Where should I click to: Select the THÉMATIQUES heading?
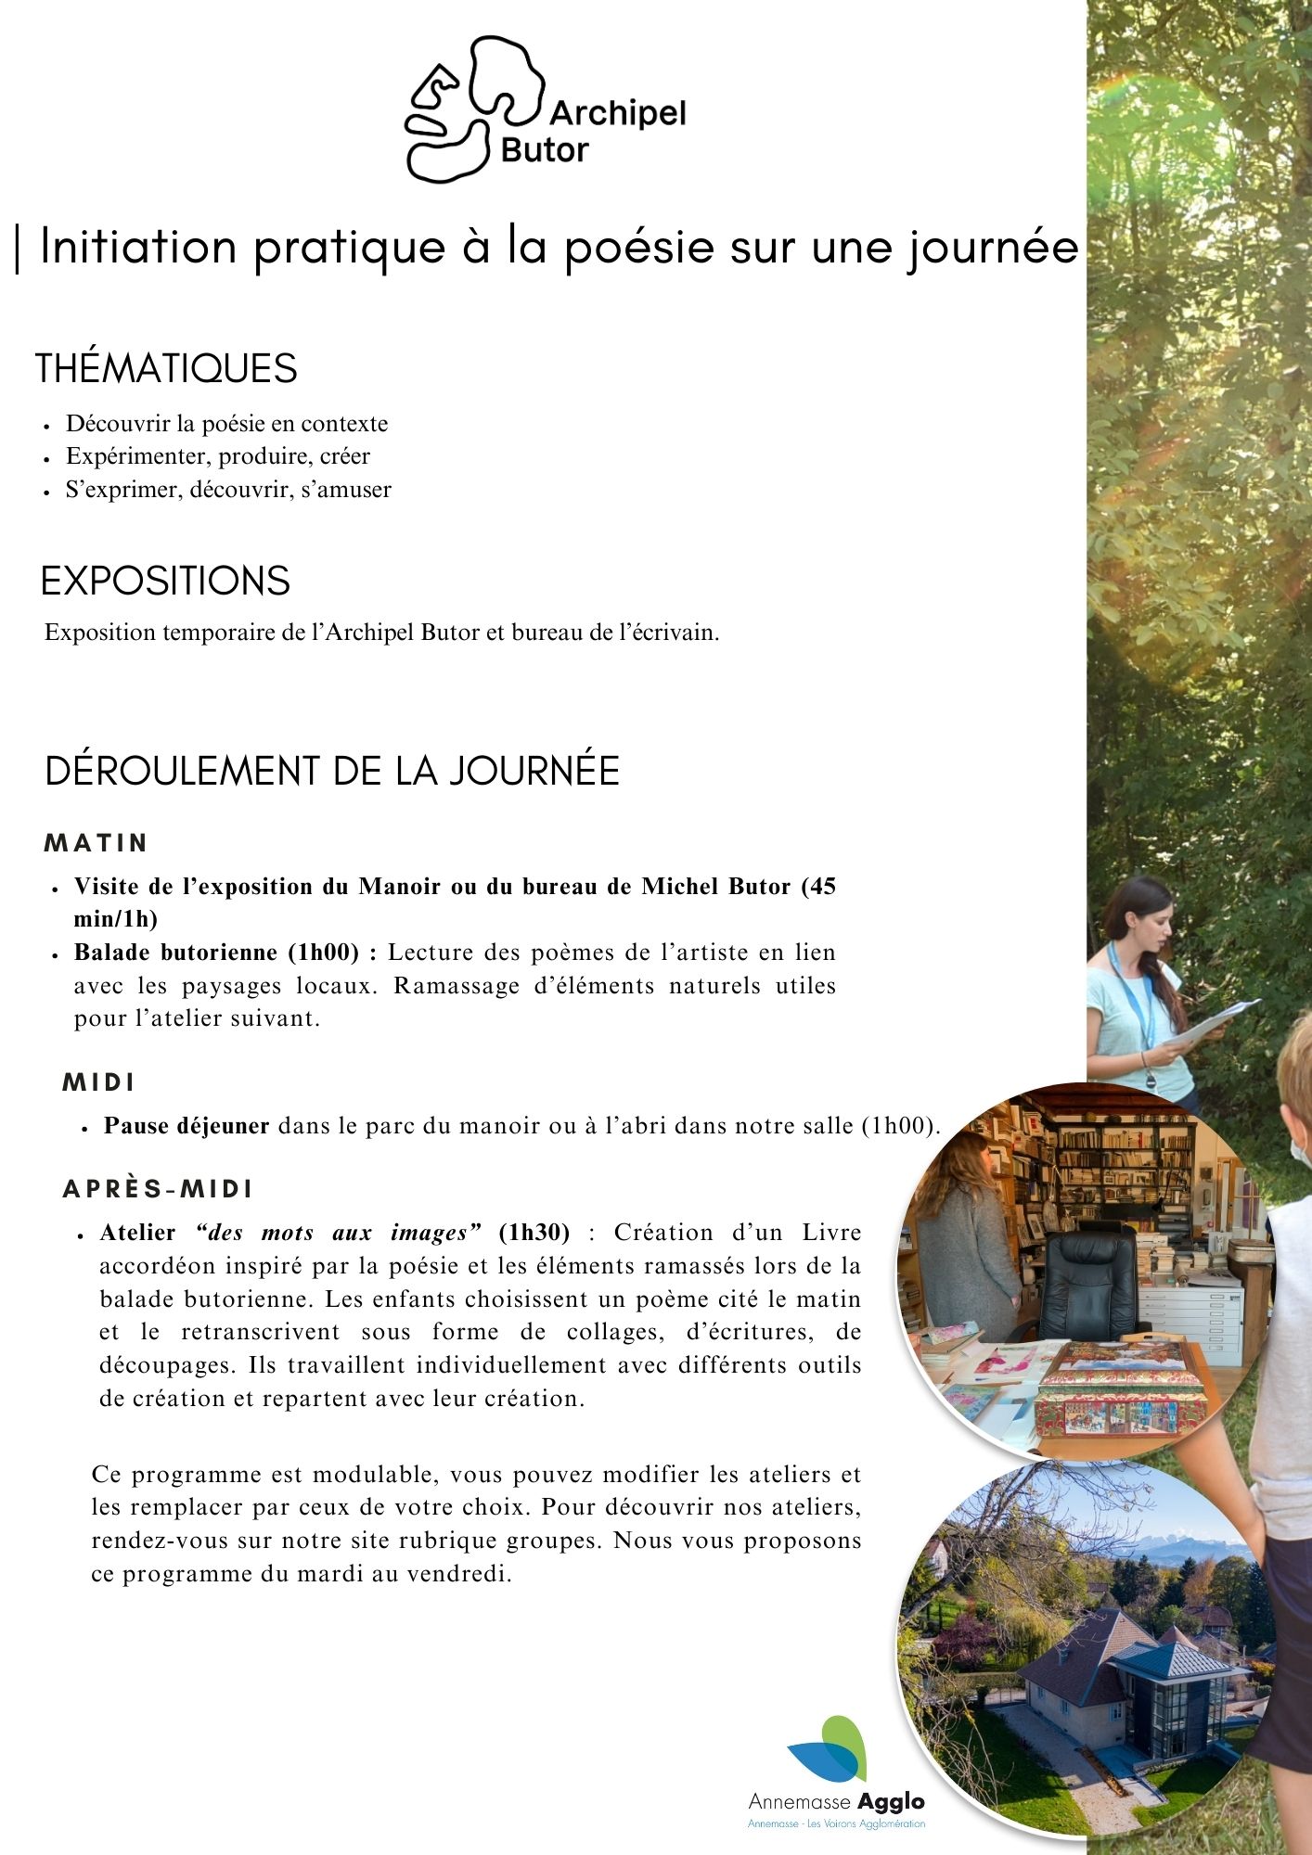point(166,368)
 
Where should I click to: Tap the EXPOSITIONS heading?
point(165,581)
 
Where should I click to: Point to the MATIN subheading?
point(96,843)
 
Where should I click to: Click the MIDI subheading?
point(98,1082)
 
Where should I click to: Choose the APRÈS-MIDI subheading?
point(158,1189)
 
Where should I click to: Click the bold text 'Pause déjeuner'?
point(187,1126)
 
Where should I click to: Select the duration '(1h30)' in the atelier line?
point(534,1233)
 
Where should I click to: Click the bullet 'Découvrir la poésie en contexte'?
point(226,424)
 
